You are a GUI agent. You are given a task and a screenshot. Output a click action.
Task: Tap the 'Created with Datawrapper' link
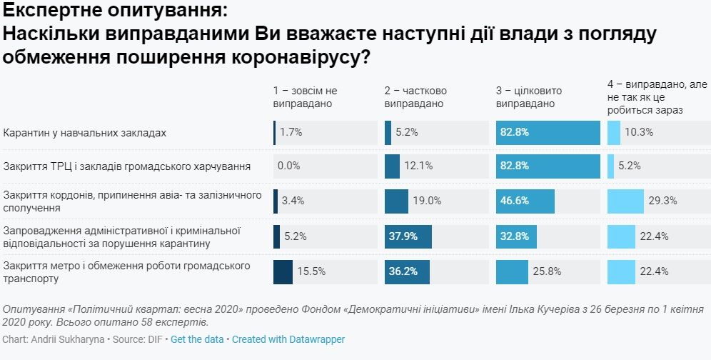click(288, 339)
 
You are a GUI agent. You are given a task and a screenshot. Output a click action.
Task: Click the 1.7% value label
click(291, 133)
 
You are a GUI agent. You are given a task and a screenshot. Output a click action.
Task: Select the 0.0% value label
click(289, 166)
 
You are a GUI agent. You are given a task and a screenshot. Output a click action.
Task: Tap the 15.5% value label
click(311, 271)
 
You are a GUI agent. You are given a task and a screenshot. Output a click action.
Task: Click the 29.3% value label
click(662, 201)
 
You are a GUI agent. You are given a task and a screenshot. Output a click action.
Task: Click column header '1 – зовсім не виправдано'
click(305, 97)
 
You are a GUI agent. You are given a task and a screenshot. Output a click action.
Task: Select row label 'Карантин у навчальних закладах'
click(85, 133)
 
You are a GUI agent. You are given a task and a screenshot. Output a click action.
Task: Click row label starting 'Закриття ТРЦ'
click(127, 166)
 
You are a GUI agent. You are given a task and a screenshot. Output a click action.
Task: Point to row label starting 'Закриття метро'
click(126, 271)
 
